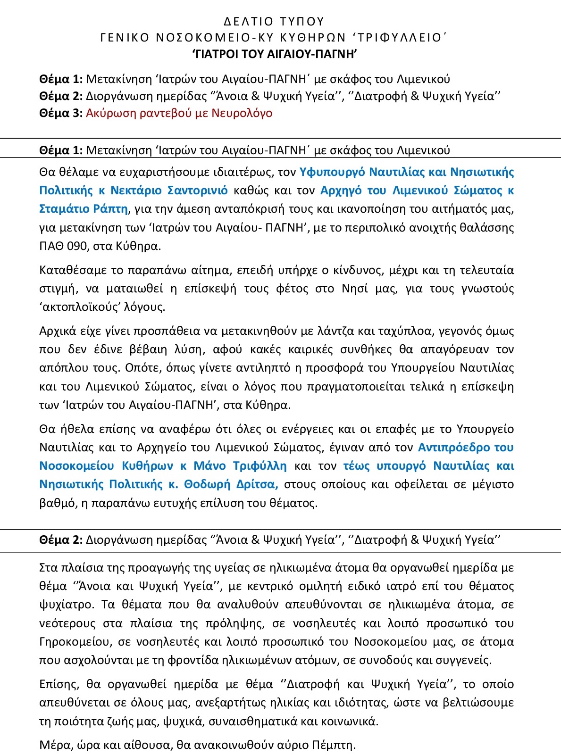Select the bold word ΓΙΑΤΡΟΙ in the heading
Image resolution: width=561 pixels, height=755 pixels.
[220, 54]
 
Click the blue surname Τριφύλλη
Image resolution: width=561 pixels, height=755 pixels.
[260, 466]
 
